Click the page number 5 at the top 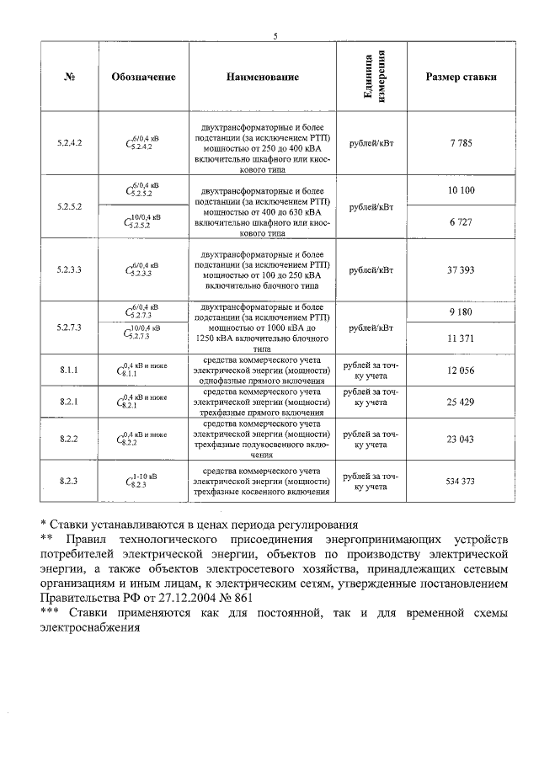click(x=275, y=35)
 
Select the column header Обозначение click(x=143, y=77)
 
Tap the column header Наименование click(x=262, y=77)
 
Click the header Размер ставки click(x=460, y=77)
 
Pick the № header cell click(x=69, y=77)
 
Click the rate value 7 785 click(x=460, y=143)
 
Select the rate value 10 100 click(x=460, y=190)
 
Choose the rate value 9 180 click(x=460, y=312)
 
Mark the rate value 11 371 click(x=460, y=338)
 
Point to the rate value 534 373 click(x=460, y=481)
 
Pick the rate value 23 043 click(x=460, y=439)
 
